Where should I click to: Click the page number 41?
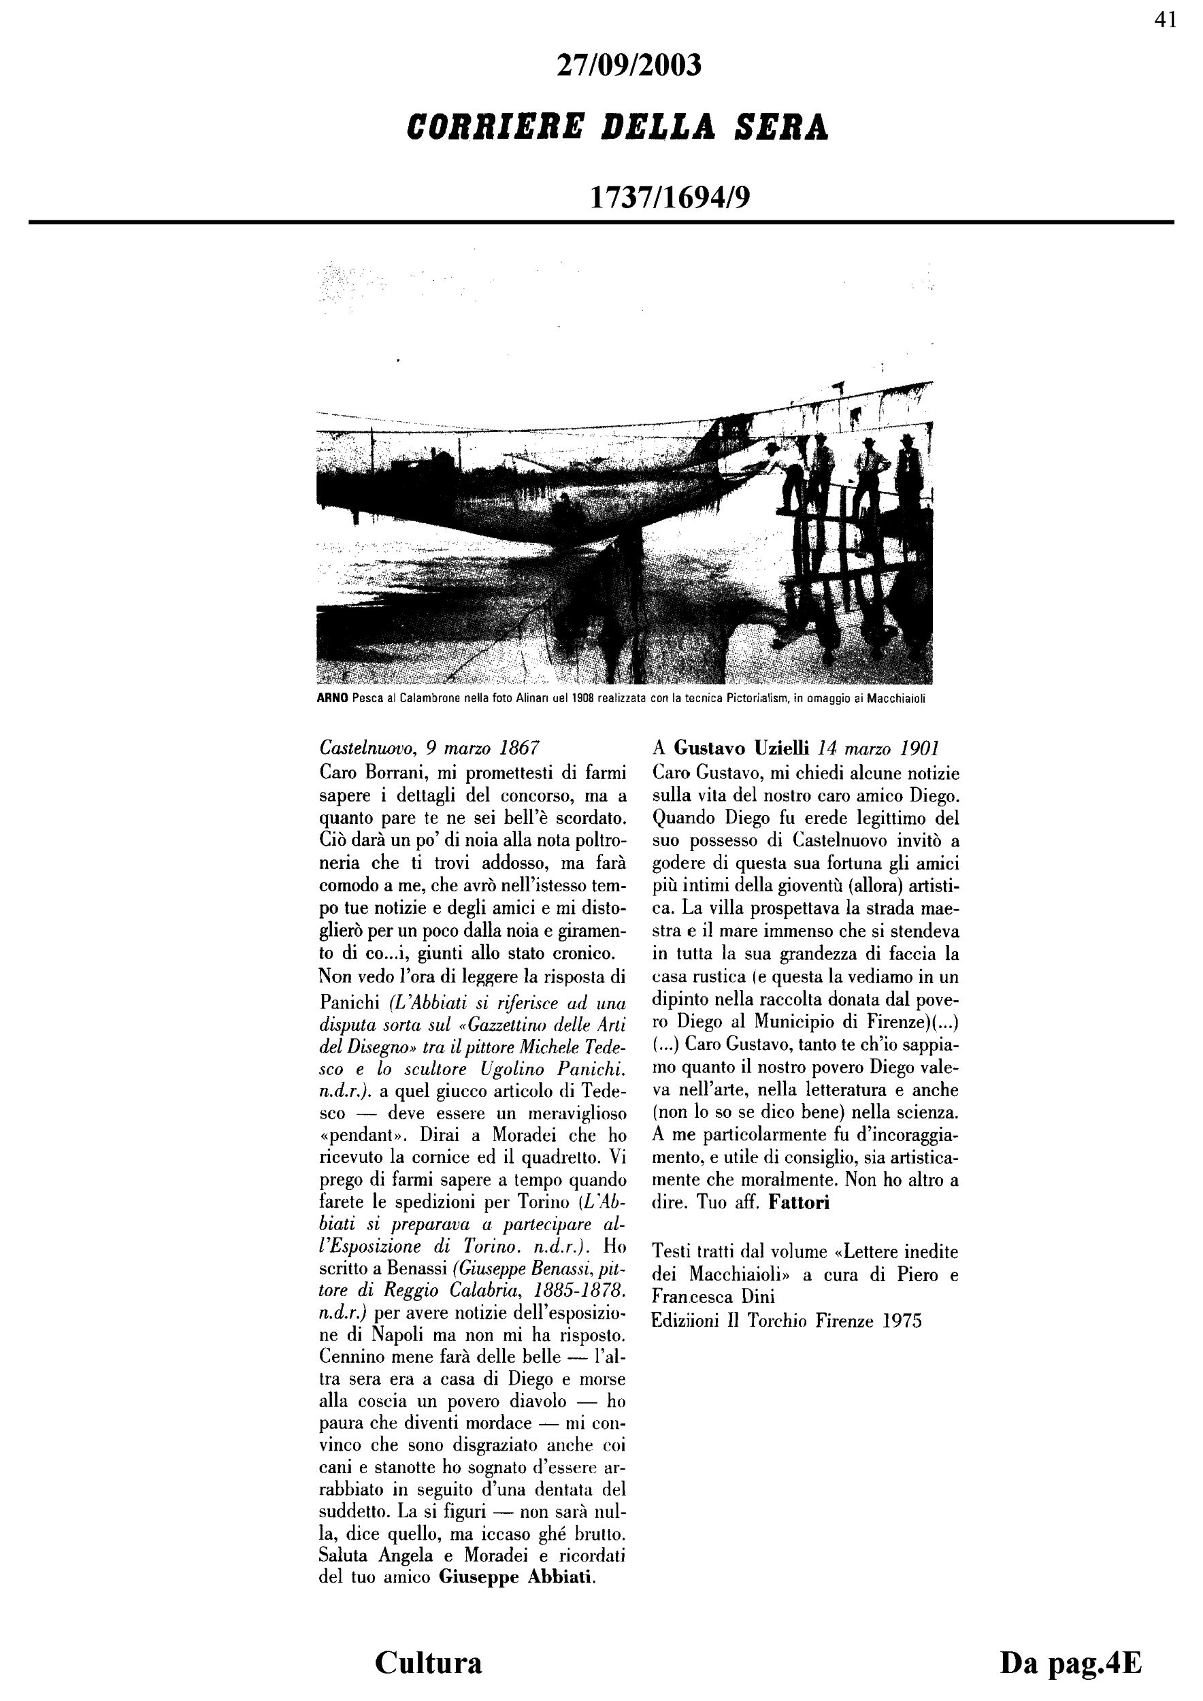(1165, 20)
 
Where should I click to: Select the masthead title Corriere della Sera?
(618, 127)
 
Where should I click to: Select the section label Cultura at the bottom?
(428, 1662)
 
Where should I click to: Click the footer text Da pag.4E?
(1070, 1662)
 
